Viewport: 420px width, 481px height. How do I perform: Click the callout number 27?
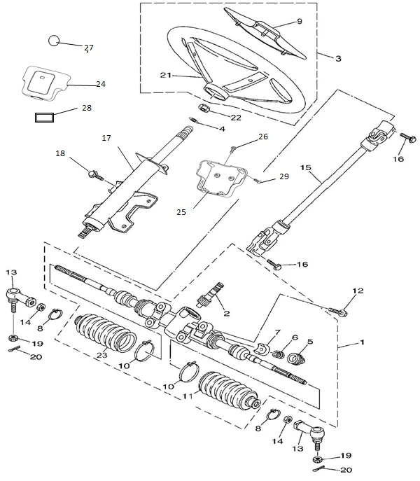[89, 48]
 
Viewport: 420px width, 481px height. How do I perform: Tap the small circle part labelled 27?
[54, 40]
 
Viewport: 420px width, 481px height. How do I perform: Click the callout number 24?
[100, 84]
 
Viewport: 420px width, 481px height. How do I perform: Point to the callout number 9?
[300, 22]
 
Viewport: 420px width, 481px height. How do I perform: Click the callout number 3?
[338, 59]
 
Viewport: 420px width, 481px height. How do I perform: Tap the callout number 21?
[165, 75]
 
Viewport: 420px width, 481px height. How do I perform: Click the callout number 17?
[106, 139]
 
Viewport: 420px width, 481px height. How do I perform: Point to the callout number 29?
[283, 177]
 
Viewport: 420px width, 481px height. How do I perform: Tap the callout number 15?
[304, 168]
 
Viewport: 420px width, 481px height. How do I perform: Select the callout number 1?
[362, 344]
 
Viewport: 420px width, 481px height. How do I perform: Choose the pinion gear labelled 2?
[213, 301]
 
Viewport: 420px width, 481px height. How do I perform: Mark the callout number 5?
[310, 342]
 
